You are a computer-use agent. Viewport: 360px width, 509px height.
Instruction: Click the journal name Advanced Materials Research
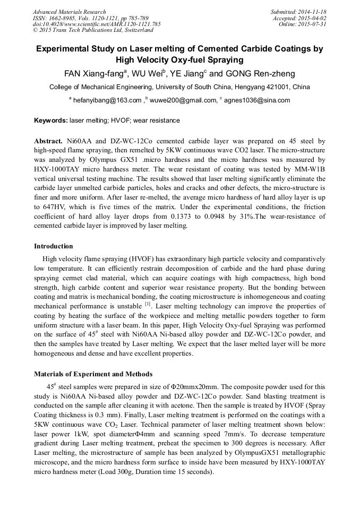(x=69, y=12)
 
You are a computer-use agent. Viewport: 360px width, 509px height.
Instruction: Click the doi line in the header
(x=97, y=24)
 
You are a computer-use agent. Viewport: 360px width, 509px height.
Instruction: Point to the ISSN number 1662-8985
(x=63, y=18)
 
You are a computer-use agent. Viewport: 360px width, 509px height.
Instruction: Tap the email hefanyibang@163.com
(x=107, y=100)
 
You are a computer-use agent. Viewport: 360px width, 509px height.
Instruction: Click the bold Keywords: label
(x=51, y=120)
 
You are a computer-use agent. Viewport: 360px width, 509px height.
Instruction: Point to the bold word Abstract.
(x=48, y=142)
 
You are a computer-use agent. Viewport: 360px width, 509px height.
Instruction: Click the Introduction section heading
(x=54, y=246)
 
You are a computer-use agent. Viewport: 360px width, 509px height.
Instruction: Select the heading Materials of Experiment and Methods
(x=93, y=374)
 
